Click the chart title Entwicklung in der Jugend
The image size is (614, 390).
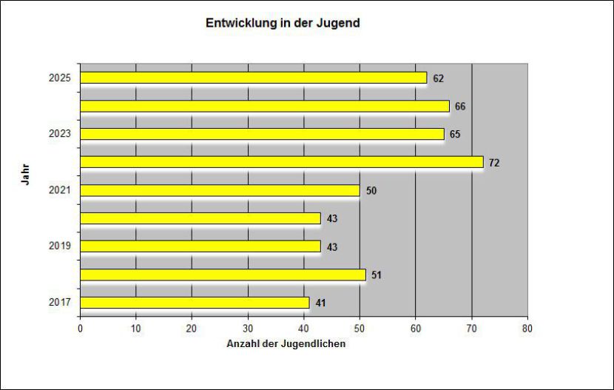283,23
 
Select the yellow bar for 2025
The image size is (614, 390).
253,78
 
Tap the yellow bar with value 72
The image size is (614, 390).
281,162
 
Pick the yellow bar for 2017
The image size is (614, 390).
195,303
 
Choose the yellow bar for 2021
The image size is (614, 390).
220,190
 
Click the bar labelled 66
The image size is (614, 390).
264,106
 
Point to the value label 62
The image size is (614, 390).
439,78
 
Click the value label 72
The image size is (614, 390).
494,163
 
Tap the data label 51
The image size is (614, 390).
377,275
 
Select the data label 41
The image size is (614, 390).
320,303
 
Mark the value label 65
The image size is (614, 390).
455,135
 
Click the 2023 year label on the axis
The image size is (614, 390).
59,134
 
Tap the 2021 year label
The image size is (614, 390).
59,190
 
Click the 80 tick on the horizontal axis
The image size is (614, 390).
527,328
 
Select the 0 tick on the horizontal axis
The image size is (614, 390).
80,328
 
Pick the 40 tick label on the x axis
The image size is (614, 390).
303,328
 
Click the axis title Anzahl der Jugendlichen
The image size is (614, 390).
286,343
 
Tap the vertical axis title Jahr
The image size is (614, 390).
24,175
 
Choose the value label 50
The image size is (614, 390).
371,191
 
